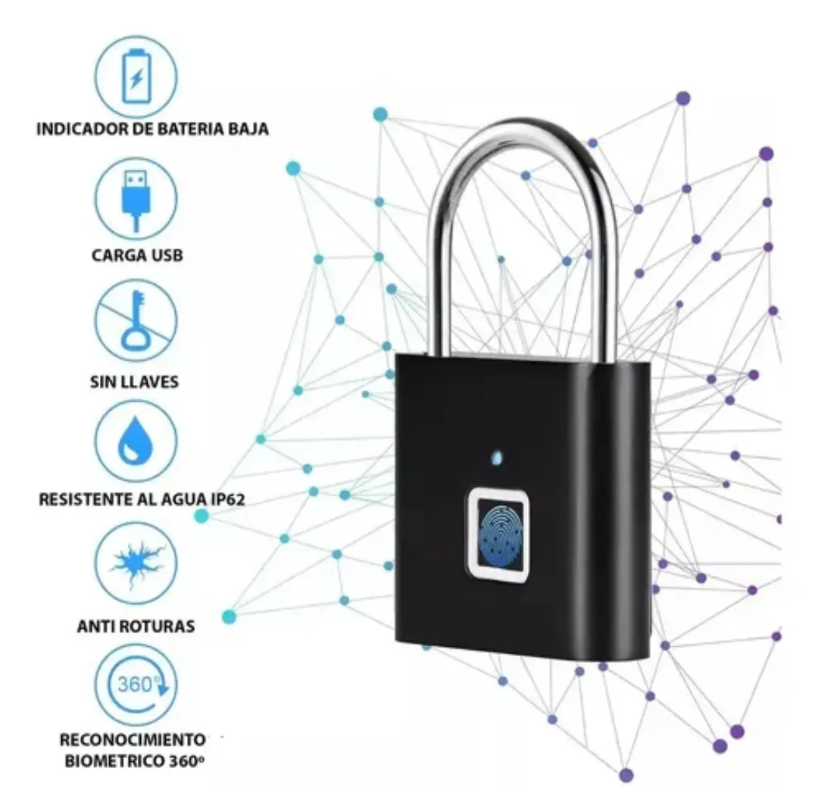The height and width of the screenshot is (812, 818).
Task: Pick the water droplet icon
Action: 136,442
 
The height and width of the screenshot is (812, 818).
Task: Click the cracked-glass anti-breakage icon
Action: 136,564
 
